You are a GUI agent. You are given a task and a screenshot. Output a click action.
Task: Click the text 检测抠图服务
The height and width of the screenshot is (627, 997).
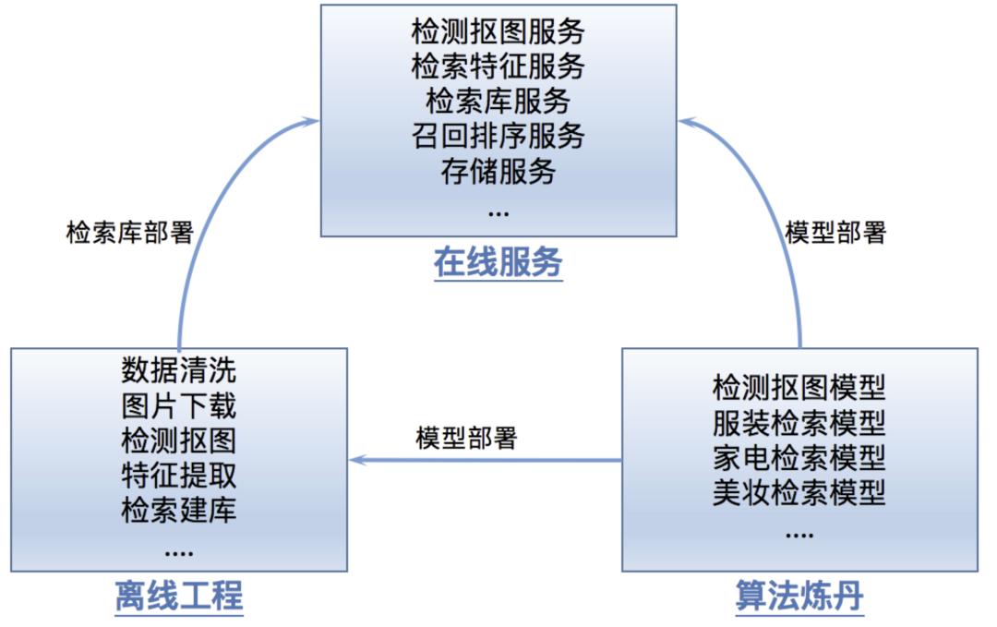tap(498, 32)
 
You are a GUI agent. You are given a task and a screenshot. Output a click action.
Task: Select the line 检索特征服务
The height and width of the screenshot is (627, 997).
tap(498, 66)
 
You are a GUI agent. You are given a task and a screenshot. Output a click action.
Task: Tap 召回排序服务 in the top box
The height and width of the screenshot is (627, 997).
tap(498, 136)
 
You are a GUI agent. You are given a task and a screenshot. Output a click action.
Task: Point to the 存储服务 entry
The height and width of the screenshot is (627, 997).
tap(498, 171)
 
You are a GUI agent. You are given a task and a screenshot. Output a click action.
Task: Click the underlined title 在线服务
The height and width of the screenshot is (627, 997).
tap(498, 263)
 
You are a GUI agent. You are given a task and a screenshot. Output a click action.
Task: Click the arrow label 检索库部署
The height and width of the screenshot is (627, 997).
tap(130, 232)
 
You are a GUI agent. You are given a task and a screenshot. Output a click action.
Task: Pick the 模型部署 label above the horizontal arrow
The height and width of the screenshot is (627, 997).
tap(466, 437)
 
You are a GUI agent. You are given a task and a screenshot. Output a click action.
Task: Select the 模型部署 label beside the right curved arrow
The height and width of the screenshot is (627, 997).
tap(835, 232)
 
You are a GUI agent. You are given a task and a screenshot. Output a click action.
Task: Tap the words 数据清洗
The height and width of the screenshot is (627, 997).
tap(178, 370)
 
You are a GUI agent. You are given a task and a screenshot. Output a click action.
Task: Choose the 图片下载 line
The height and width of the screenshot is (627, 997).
tap(178, 405)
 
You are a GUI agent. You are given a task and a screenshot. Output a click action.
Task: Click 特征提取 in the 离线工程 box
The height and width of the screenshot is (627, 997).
tap(178, 475)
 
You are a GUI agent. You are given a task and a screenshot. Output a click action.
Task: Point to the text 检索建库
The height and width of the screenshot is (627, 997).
tap(178, 510)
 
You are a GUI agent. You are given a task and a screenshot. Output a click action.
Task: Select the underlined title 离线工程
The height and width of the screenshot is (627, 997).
tap(178, 596)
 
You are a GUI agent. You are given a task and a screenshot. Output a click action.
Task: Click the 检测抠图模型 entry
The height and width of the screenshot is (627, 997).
tap(799, 387)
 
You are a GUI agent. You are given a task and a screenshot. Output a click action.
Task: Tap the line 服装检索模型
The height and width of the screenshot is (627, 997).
tap(799, 422)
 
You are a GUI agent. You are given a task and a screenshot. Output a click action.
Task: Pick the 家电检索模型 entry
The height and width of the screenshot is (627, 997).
tap(799, 457)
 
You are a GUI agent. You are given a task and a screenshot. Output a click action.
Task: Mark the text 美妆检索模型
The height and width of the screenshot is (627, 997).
tap(799, 492)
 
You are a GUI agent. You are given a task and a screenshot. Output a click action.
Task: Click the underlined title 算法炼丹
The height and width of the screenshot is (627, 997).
tap(799, 596)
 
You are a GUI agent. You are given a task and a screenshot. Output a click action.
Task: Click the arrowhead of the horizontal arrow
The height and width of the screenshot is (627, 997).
tap(355, 460)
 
